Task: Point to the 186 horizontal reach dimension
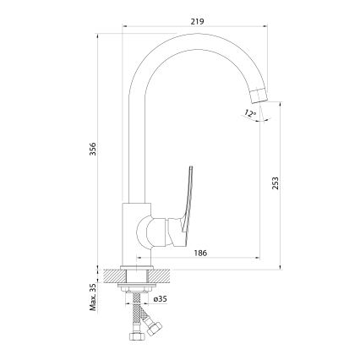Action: pos(199,252)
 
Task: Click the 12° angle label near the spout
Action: pos(248,112)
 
